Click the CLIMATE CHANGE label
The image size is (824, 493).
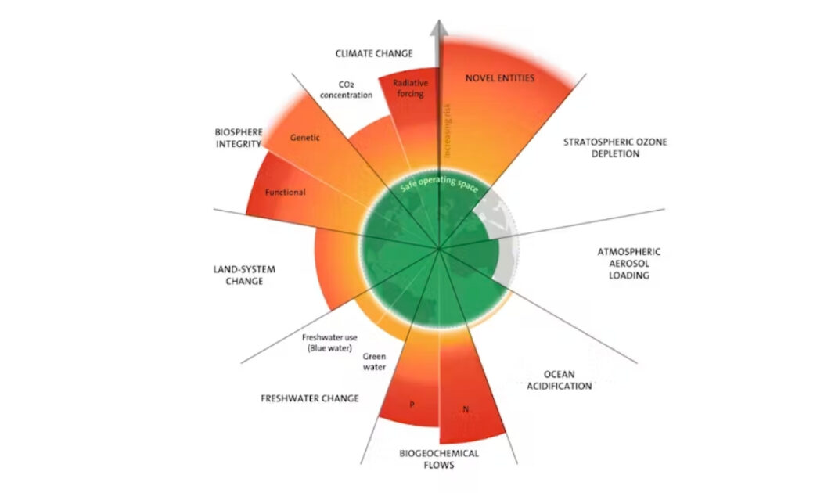coord(373,54)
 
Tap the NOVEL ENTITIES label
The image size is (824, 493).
coord(500,78)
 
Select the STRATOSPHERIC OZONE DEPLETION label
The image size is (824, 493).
coord(615,148)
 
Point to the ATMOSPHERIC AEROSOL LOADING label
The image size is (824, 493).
coord(629,263)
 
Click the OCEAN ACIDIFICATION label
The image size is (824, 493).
coord(560,380)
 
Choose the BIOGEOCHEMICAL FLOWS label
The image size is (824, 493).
coord(439,459)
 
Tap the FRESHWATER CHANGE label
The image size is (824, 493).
coord(310,398)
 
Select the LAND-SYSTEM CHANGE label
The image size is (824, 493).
coord(244,275)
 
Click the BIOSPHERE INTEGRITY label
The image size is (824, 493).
coord(239,139)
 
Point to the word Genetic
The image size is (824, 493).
coord(305,138)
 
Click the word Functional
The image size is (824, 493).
coord(286,193)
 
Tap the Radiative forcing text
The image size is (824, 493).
coord(410,88)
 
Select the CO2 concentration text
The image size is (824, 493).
coord(346,90)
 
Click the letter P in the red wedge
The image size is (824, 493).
coord(412,405)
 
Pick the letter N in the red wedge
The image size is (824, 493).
coord(466,409)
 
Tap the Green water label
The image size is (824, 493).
coord(374,362)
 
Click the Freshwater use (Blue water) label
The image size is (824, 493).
coord(329,343)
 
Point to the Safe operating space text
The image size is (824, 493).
coord(439,184)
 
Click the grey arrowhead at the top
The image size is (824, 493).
coord(439,28)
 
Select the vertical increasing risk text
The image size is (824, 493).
coord(447,131)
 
